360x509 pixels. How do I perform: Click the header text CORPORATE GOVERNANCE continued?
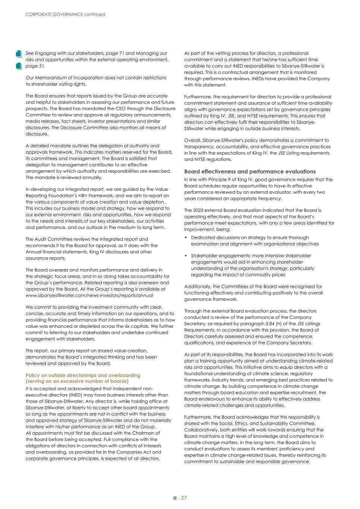[65, 15]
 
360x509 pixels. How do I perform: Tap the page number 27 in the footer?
[184, 498]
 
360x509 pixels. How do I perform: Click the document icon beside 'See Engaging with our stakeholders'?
[19, 54]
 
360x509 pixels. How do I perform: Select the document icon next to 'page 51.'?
[19, 66]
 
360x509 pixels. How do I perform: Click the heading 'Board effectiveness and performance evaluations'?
[250, 172]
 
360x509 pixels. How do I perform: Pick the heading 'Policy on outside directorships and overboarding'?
[83, 375]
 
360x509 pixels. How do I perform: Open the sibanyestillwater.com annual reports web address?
[89, 295]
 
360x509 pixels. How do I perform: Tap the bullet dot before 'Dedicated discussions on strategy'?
[186, 238]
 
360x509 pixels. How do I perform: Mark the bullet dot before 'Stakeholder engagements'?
[186, 256]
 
